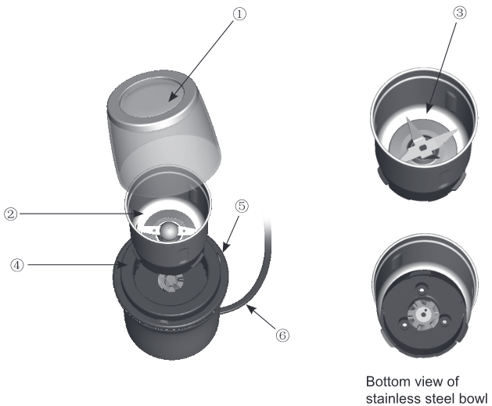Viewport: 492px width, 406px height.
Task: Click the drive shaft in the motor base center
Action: point(168,281)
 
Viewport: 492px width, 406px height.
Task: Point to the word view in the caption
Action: point(429,381)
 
